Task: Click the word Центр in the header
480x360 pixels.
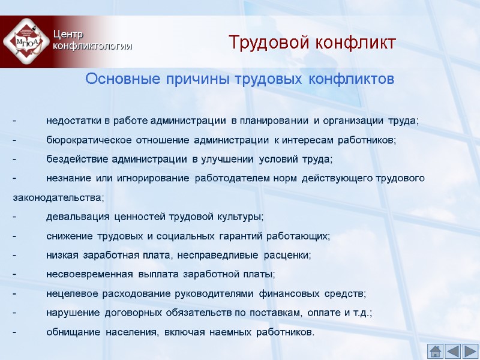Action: (x=68, y=34)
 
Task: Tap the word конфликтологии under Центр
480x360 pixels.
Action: (x=92, y=46)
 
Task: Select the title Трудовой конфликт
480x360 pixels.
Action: (x=312, y=43)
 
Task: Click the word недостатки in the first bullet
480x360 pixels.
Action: (x=74, y=121)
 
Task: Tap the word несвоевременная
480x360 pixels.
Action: (x=89, y=274)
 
